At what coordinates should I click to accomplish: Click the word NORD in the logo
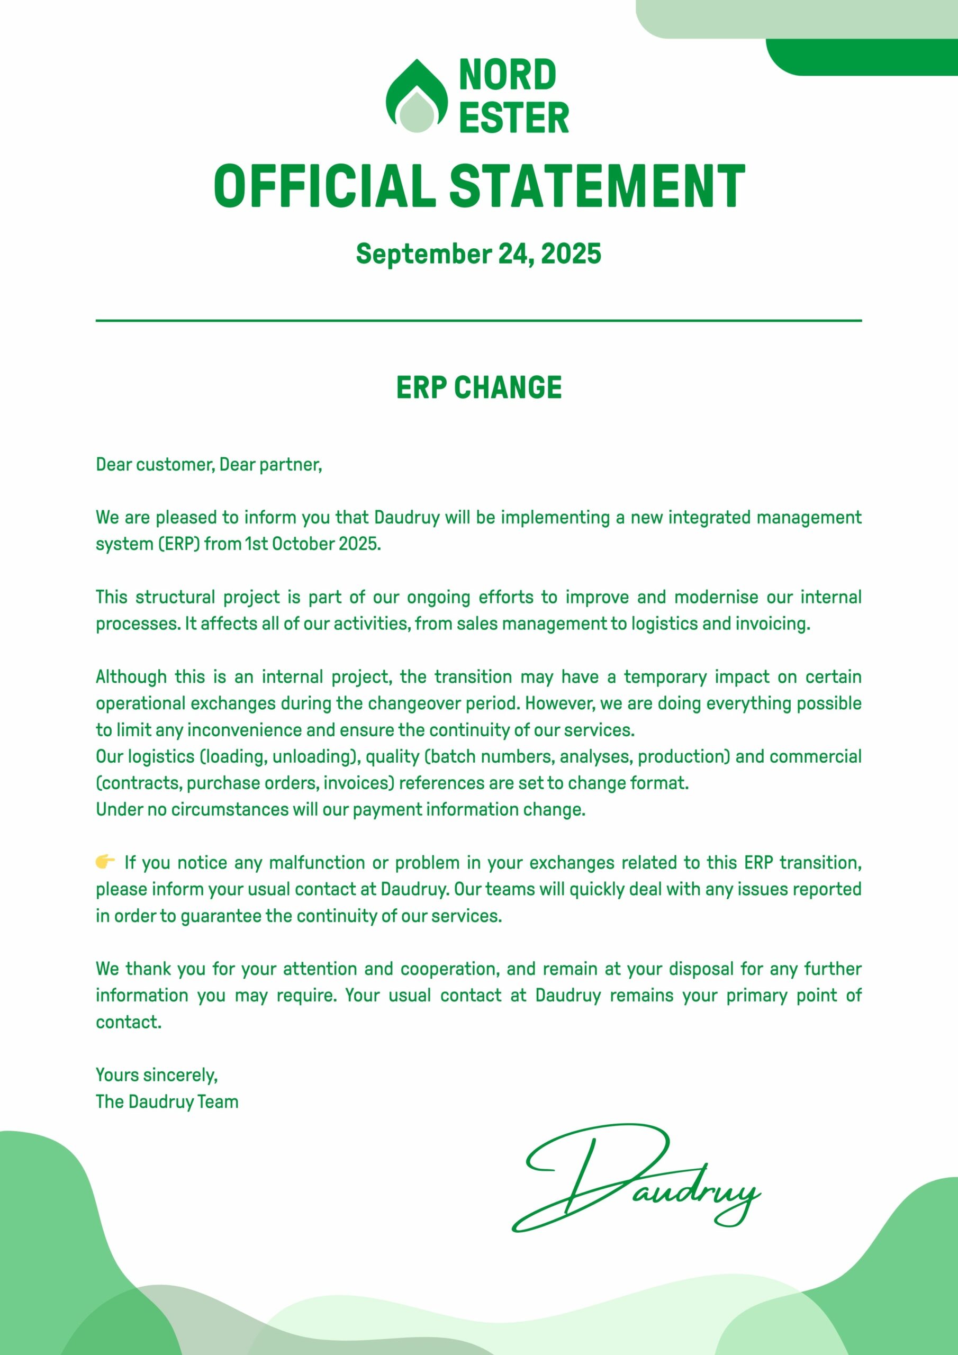coord(508,75)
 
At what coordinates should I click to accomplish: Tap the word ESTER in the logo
coord(513,118)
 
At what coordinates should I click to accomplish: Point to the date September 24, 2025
coord(478,254)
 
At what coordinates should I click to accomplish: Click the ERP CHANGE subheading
coord(478,388)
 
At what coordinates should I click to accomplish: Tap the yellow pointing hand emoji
coord(105,862)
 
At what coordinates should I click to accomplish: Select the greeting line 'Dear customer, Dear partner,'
coord(209,465)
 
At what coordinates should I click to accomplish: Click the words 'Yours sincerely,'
coord(157,1075)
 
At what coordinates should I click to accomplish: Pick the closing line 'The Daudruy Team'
coord(167,1102)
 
